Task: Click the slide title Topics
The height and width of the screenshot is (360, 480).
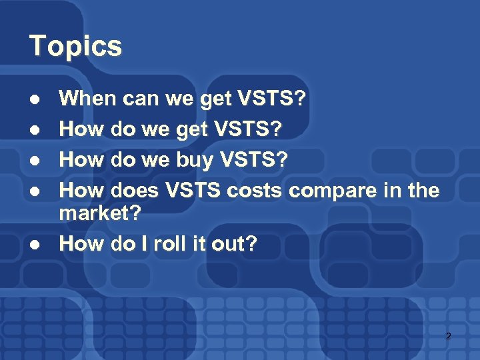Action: [x=75, y=46]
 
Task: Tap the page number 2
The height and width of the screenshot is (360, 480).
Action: [x=448, y=336]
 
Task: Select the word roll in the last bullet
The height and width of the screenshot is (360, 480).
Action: [x=168, y=243]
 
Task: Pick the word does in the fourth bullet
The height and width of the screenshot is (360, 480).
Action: [x=135, y=191]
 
